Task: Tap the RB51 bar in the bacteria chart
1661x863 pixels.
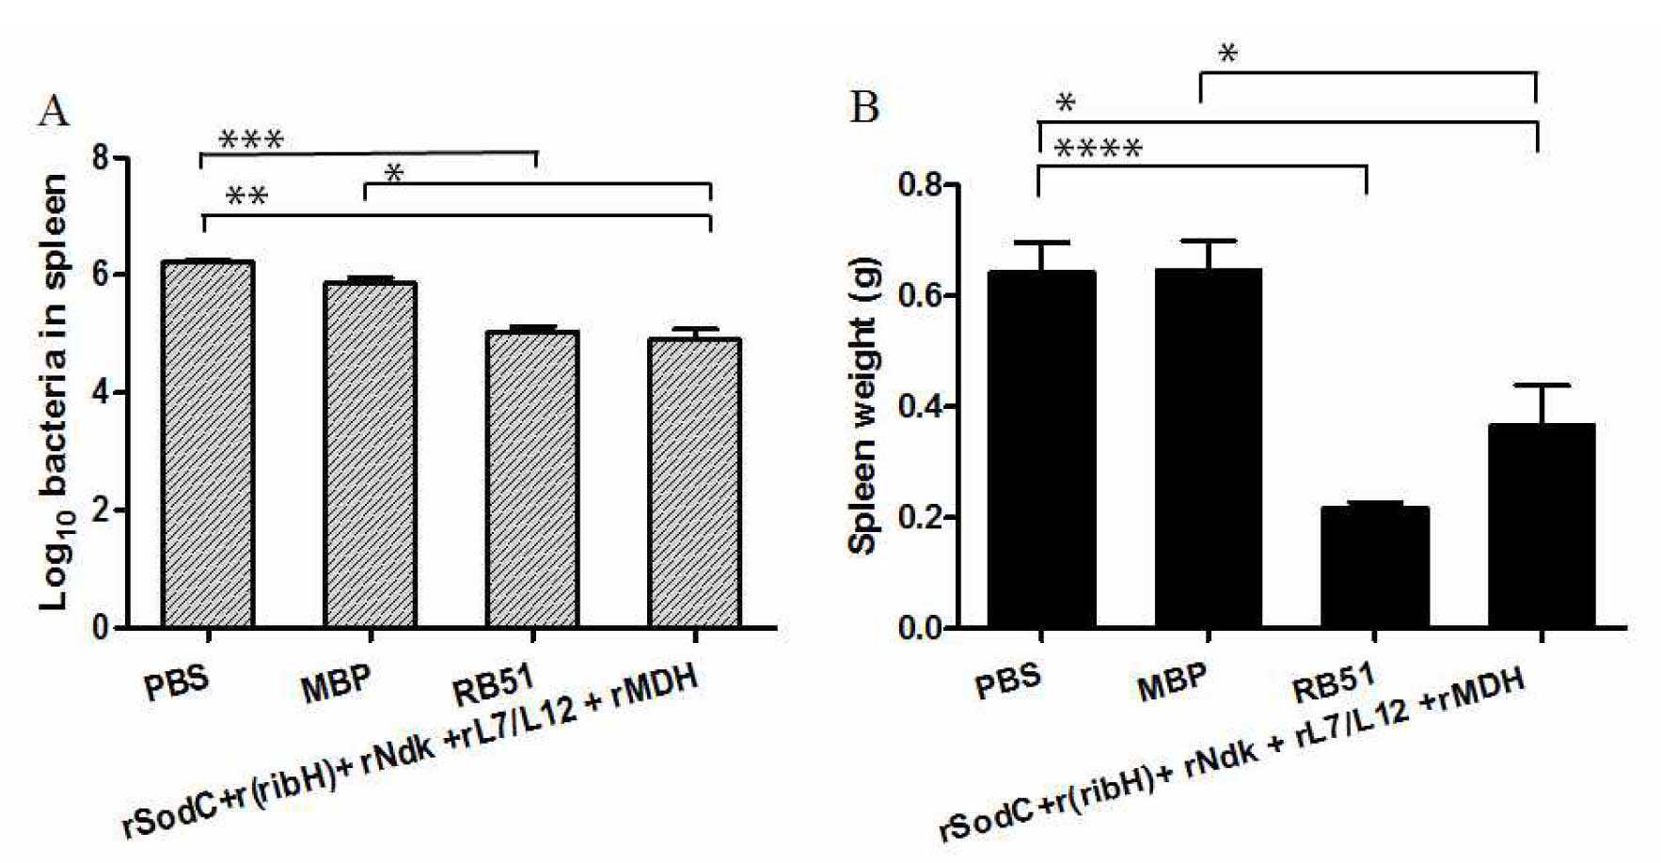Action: [532, 479]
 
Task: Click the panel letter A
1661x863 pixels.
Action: [54, 112]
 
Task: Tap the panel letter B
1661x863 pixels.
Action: [864, 107]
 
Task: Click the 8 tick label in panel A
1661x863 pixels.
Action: [103, 157]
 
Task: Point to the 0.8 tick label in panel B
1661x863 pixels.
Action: [920, 184]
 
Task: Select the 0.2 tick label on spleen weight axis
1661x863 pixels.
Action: [920, 518]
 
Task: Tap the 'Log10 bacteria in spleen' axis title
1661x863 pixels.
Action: [55, 392]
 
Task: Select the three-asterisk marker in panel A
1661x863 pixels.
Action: [250, 141]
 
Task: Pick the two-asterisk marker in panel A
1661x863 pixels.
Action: [246, 196]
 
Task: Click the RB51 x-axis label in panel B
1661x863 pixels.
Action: [1335, 683]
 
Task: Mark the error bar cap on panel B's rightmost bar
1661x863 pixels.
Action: [1542, 384]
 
